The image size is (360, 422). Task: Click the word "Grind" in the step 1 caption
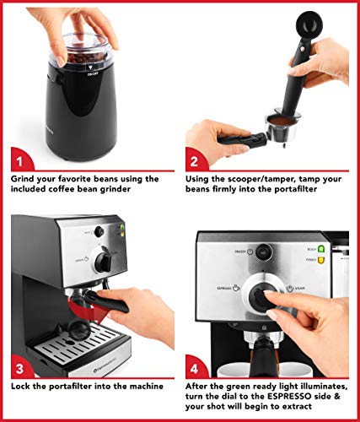(x=26, y=180)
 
